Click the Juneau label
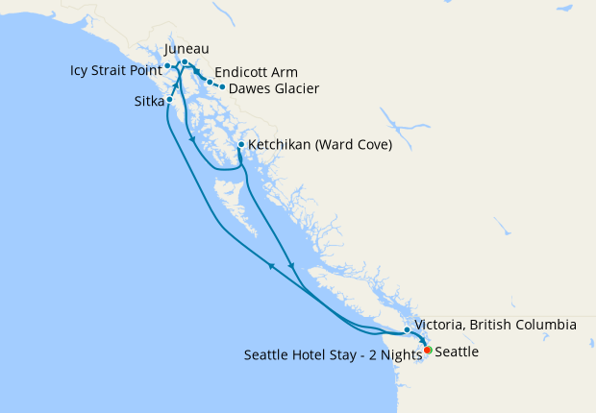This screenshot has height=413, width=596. tap(186, 49)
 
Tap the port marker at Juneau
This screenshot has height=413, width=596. tap(185, 62)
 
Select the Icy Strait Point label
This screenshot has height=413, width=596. tap(114, 70)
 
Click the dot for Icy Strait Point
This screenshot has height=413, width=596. tap(167, 66)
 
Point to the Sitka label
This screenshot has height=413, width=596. tap(147, 100)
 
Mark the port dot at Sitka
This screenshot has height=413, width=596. tap(169, 99)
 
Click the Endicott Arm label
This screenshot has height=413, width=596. tap(256, 72)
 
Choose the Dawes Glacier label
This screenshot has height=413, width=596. tap(274, 88)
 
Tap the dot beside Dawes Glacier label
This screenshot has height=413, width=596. tap(223, 87)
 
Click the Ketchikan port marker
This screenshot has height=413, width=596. tap(240, 145)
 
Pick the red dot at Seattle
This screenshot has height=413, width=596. tap(427, 351)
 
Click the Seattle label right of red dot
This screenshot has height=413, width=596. tap(457, 352)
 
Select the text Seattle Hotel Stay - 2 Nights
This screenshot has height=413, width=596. tap(333, 353)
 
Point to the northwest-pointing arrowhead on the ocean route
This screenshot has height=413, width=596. tap(271, 265)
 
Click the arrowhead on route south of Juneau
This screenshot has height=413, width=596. tap(191, 140)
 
